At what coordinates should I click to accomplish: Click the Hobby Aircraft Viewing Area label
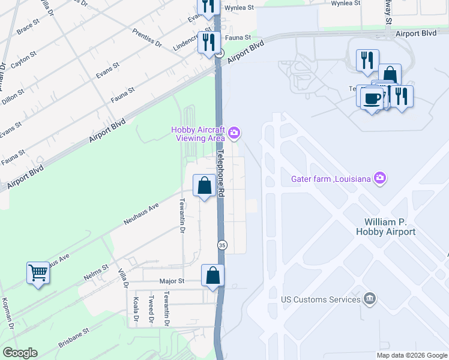197,134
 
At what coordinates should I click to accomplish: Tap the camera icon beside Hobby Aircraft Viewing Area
234,133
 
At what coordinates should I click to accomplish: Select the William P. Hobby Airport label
394,227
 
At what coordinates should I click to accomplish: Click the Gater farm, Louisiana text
330,178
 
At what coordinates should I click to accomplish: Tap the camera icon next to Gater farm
379,178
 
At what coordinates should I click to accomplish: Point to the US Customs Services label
321,298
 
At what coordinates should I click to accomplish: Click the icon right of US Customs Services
370,298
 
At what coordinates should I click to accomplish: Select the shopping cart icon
38,273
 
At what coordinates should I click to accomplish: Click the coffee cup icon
372,98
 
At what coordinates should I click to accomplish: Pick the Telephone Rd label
221,174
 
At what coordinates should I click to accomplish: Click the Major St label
172,281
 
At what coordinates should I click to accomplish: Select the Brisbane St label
74,338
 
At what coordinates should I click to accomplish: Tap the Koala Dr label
136,310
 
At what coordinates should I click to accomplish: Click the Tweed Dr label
151,310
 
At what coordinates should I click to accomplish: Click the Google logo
20,353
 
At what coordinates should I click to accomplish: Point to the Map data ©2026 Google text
411,355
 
